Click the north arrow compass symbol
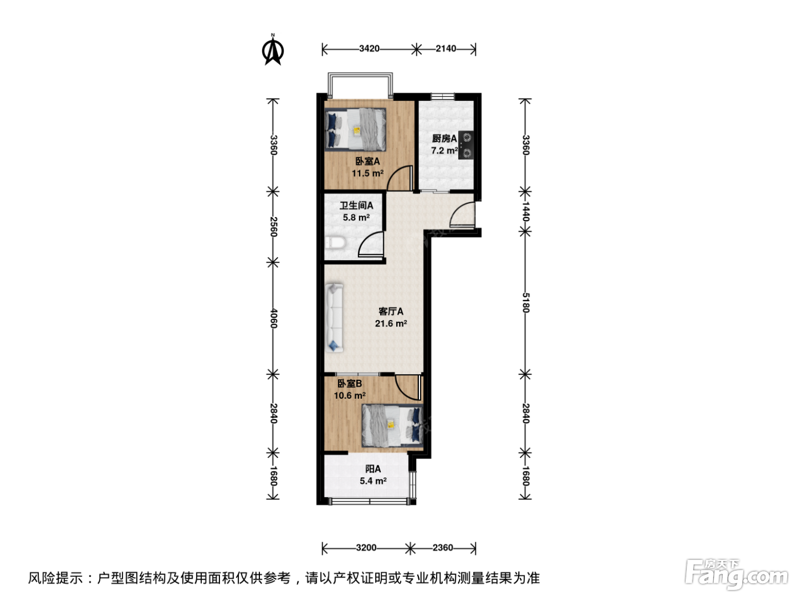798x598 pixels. click(x=272, y=50)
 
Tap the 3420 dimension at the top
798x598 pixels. click(x=369, y=48)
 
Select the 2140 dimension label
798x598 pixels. click(x=446, y=48)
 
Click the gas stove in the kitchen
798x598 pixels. click(x=466, y=145)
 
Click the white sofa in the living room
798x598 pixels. click(x=335, y=318)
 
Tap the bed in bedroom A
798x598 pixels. click(x=356, y=129)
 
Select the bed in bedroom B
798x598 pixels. click(x=392, y=425)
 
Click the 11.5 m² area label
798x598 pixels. click(x=368, y=173)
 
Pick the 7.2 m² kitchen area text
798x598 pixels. click(x=444, y=150)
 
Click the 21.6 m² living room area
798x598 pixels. click(x=391, y=323)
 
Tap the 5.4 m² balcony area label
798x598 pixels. click(x=373, y=481)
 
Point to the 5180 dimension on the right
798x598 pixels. click(x=526, y=302)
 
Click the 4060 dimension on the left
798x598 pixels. click(x=274, y=318)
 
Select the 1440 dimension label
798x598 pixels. click(x=526, y=211)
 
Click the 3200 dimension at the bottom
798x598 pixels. click(x=366, y=547)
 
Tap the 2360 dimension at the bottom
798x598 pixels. click(x=443, y=547)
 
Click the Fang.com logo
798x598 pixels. click(x=736, y=574)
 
